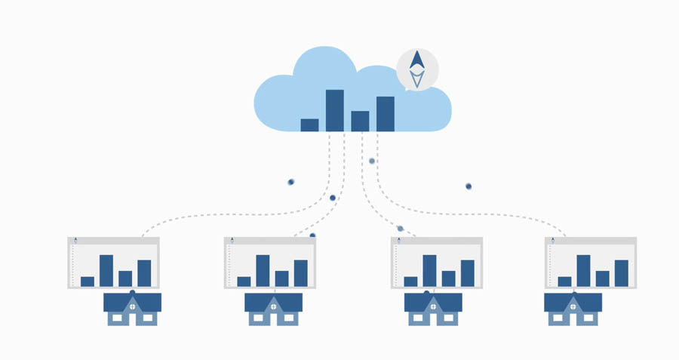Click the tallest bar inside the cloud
[335, 110]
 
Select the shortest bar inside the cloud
[309, 125]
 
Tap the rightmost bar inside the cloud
[386, 114]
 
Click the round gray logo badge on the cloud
[417, 69]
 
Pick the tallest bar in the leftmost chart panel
[106, 270]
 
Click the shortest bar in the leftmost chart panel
[88, 282]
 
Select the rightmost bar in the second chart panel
[300, 272]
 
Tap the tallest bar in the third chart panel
[429, 270]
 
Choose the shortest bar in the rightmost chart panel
[564, 282]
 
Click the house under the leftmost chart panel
[132, 309]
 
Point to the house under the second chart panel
[273, 309]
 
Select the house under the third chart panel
[433, 309]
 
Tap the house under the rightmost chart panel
[573, 309]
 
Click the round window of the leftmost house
[132, 307]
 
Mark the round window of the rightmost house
[573, 307]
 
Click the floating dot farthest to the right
[469, 186]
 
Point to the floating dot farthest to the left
[291, 182]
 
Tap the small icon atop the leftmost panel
[75, 240]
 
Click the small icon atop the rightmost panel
[553, 240]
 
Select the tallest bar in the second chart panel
[263, 270]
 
